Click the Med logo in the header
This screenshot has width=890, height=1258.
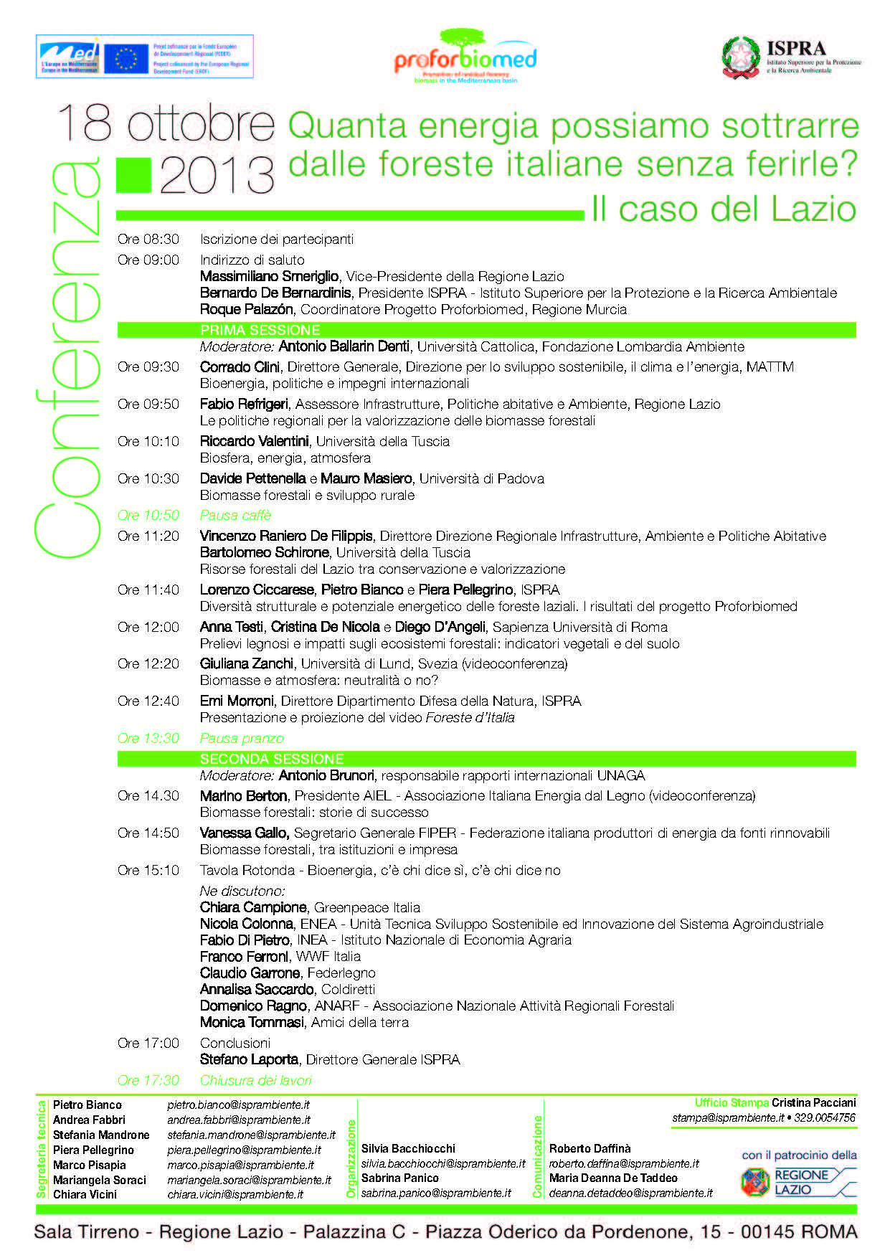pyautogui.click(x=70, y=57)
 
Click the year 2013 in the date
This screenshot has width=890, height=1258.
pyautogui.click(x=217, y=174)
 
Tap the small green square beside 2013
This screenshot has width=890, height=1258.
pyautogui.click(x=133, y=174)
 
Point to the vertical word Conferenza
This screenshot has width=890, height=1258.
pyautogui.click(x=69, y=359)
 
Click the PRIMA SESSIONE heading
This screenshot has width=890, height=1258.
pyautogui.click(x=260, y=330)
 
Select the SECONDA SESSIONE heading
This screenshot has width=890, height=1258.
pyautogui.click(x=272, y=759)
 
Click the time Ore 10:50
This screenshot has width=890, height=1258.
pyautogui.click(x=148, y=515)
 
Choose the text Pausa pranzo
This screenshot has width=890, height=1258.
pyautogui.click(x=242, y=738)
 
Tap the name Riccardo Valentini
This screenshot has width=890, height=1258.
pyautogui.click(x=255, y=441)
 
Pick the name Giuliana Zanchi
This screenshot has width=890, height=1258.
pyautogui.click(x=247, y=663)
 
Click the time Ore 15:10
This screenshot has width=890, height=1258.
pyautogui.click(x=148, y=870)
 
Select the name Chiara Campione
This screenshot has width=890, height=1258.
pyautogui.click(x=253, y=907)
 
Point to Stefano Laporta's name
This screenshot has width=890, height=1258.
pyautogui.click(x=249, y=1059)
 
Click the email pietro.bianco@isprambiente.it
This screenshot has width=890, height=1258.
pyautogui.click(x=239, y=1105)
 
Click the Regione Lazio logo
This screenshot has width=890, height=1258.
pyautogui.click(x=797, y=1182)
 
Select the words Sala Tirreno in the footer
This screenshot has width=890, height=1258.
pyautogui.click(x=87, y=1232)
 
